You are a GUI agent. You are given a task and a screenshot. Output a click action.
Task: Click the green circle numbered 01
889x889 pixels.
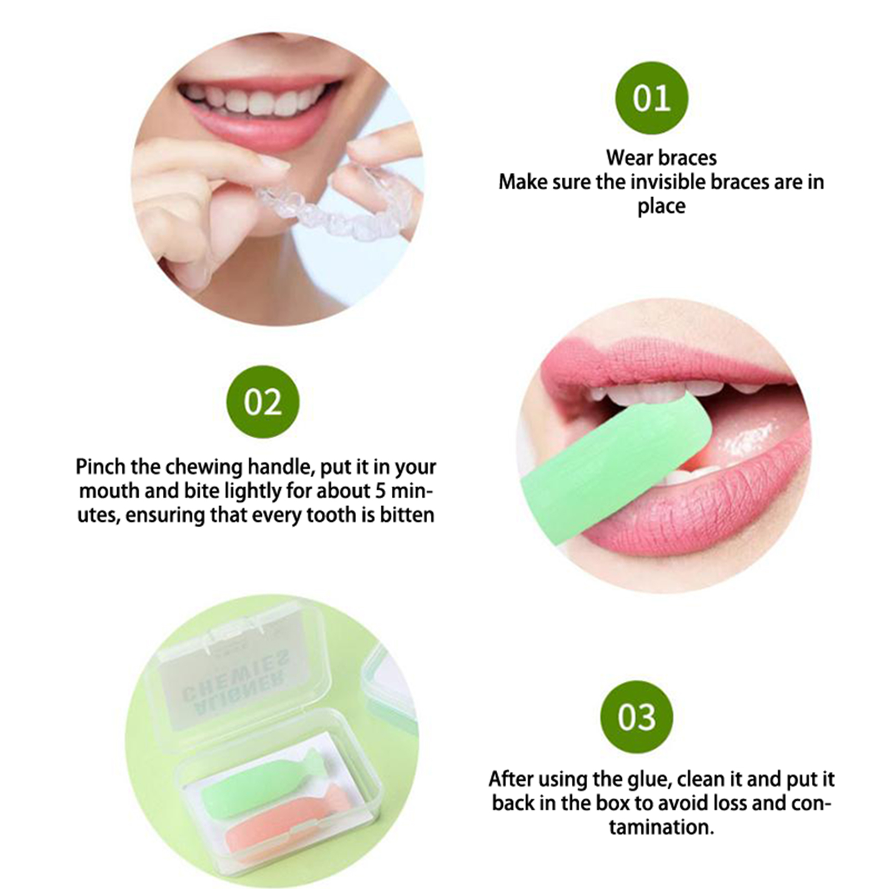tap(651, 98)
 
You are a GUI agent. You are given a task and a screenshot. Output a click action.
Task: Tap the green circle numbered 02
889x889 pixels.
tap(263, 402)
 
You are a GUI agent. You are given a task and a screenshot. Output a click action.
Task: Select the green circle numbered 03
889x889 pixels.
tap(636, 717)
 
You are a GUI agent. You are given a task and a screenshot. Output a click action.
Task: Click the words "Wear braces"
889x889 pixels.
tap(661, 158)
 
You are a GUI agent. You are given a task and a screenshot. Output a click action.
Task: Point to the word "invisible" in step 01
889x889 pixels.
tap(686, 182)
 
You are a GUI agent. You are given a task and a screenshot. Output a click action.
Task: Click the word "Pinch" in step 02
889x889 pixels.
tap(101, 467)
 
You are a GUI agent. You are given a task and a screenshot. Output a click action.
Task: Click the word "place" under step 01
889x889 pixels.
tap(661, 207)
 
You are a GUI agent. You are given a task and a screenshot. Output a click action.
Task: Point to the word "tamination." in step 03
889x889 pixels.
tap(661, 827)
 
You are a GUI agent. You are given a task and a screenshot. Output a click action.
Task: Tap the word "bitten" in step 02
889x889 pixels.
tap(407, 515)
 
